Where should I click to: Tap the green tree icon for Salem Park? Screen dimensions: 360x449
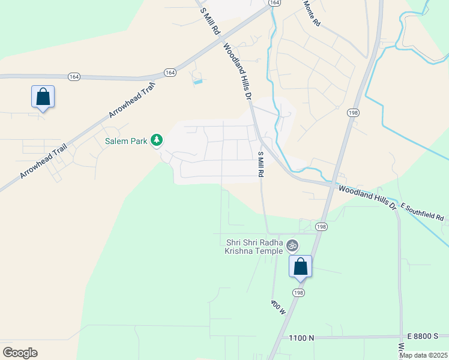[x=157, y=140]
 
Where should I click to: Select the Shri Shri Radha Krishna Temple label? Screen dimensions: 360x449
[x=254, y=247]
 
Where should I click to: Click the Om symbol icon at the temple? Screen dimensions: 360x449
[x=292, y=245]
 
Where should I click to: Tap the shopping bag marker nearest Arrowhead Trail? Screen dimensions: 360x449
[x=43, y=97]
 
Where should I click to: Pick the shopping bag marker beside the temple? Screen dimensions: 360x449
[x=300, y=266]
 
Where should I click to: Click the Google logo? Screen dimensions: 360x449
[x=20, y=353]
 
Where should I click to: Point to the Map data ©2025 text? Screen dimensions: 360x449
[x=423, y=355]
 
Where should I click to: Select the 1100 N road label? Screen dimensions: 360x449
[x=301, y=338]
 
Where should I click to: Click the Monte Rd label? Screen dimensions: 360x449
[x=312, y=13]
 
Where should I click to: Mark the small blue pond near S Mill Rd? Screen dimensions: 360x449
[x=197, y=80]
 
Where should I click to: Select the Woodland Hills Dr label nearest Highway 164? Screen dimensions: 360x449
[x=237, y=70]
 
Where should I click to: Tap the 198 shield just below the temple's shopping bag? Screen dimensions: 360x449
[x=298, y=292]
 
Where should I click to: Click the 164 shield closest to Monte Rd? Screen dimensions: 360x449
[x=274, y=3]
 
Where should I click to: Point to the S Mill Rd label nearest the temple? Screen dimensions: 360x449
[x=261, y=164]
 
